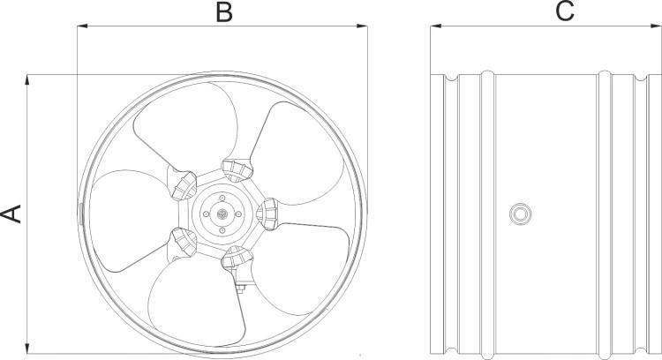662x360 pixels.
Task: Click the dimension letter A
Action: [11, 214]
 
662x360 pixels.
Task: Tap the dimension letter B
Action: [224, 12]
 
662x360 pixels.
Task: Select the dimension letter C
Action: [565, 11]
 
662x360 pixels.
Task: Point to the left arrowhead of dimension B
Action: [82, 26]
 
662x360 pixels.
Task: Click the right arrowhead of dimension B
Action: [362, 26]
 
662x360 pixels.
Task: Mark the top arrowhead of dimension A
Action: [27, 80]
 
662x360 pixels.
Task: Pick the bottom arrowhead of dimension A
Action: [27, 349]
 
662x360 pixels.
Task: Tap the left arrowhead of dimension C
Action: [436, 26]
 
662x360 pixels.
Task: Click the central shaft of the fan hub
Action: [222, 214]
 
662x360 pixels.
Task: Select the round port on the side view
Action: [520, 214]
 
